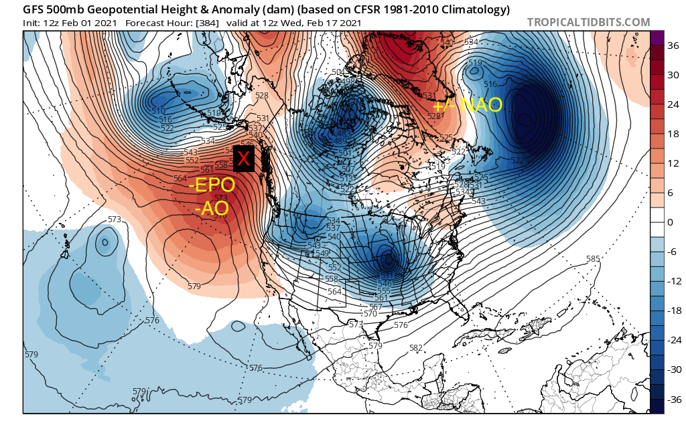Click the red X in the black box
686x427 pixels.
coord(244,159)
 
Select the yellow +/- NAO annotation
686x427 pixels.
coord(468,105)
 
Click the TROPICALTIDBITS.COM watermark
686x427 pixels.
coord(588,22)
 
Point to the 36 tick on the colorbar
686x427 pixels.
coord(673,46)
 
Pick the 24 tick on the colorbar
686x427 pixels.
coord(673,105)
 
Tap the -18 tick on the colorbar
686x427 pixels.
coord(672,311)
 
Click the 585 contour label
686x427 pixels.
coord(592,259)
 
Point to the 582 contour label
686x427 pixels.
coord(415,348)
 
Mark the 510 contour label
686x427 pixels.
coord(158,111)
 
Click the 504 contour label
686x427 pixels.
coord(338,72)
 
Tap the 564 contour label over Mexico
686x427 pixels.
coord(335,291)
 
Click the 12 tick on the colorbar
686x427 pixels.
coord(673,164)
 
